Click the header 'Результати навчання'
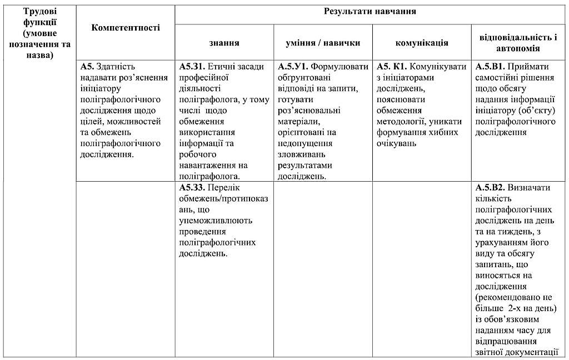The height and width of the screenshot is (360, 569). pyautogui.click(x=370, y=12)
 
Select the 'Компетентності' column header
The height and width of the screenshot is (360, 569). pyautogui.click(x=126, y=28)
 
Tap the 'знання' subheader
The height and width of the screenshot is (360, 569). pyautogui.click(x=224, y=43)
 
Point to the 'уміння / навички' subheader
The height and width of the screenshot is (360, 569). pyautogui.click(x=323, y=43)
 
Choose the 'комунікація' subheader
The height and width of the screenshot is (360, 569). pyautogui.click(x=422, y=43)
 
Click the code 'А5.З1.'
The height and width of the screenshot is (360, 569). pyautogui.click(x=192, y=67)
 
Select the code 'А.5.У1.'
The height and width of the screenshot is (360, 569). pyautogui.click(x=293, y=67)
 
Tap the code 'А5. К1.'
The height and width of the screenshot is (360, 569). pyautogui.click(x=391, y=67)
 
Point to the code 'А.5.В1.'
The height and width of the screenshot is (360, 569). pyautogui.click(x=490, y=67)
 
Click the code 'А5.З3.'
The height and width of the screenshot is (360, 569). pyautogui.click(x=192, y=188)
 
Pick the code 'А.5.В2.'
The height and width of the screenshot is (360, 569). pyautogui.click(x=490, y=188)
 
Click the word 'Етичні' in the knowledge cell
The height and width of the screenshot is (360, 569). pyautogui.click(x=221, y=67)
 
